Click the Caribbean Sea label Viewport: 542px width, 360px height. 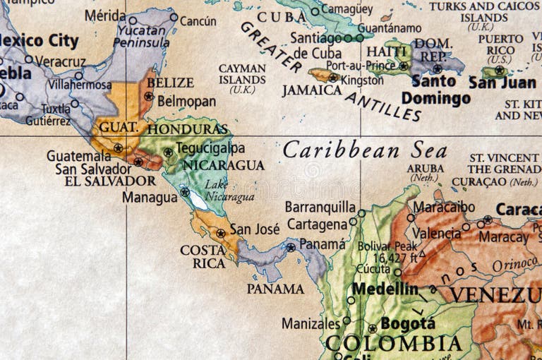tap(365, 150)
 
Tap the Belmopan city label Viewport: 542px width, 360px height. tap(186, 101)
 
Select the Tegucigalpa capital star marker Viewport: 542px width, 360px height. tap(168, 152)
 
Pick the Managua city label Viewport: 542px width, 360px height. tap(150, 197)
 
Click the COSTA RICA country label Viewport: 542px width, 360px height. tap(203, 256)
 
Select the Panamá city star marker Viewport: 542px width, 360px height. tap(290, 247)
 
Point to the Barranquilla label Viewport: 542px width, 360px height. tap(320, 207)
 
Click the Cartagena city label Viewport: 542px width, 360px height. tap(317, 224)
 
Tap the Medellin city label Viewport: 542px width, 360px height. tap(385, 289)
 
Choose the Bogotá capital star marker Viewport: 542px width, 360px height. tap(372, 328)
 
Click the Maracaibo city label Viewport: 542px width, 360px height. tap(444, 207)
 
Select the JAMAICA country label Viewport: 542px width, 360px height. tap(311, 90)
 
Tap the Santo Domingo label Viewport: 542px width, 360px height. tap(436, 90)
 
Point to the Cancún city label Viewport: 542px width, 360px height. tap(198, 20)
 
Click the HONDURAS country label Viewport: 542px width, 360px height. tap(188, 129)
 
